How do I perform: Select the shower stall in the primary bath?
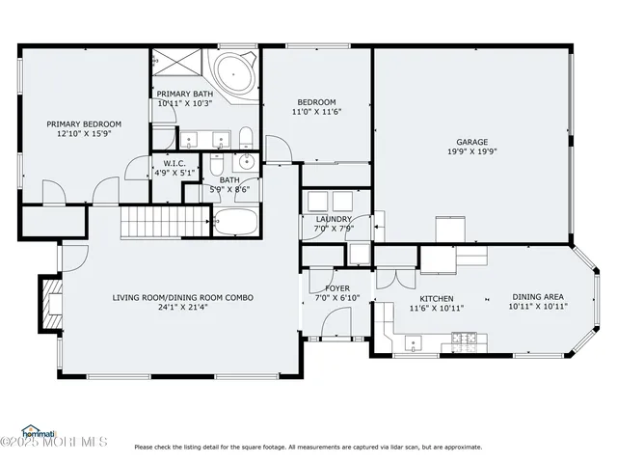pos(175,68)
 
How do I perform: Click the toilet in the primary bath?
pos(246,136)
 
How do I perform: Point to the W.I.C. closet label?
pos(174,164)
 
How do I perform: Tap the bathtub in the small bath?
pos(234,223)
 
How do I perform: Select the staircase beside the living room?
pos(154,223)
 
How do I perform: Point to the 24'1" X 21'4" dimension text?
pos(182,310)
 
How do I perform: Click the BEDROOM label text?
pos(316,102)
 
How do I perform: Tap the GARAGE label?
pos(471,142)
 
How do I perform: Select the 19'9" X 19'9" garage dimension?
pos(471,152)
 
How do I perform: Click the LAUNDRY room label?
pos(334,219)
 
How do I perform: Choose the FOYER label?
pos(336,287)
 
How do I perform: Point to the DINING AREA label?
pos(539,297)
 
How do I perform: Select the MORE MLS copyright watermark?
pos(55,443)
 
